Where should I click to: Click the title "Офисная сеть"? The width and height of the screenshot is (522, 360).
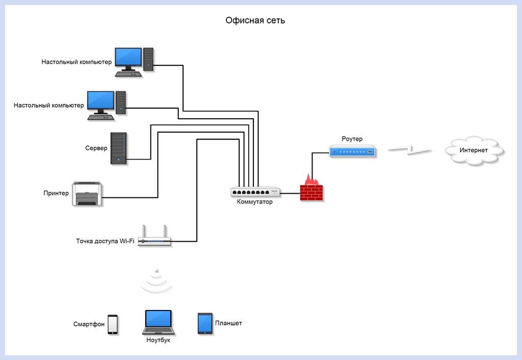tap(255, 21)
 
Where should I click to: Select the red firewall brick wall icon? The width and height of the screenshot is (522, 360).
tap(311, 191)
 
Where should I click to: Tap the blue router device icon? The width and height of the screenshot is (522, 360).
tap(352, 151)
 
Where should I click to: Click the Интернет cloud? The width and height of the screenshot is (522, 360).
tap(474, 150)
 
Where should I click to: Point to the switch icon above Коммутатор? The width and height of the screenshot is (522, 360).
tap(255, 192)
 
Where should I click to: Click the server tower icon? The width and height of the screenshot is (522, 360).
tap(119, 148)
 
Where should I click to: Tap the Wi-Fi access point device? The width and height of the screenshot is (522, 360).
tap(154, 241)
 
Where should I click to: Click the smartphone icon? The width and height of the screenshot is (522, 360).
tap(113, 324)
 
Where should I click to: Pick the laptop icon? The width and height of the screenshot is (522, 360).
tap(158, 322)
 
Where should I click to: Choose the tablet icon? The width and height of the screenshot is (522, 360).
tap(205, 323)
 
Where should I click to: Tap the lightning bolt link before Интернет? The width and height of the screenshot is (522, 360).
tap(409, 150)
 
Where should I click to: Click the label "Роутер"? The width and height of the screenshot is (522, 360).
tap(352, 139)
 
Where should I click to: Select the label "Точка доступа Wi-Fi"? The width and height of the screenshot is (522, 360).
tap(105, 241)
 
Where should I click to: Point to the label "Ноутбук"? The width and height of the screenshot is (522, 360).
tap(158, 340)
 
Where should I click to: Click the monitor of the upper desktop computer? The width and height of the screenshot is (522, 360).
tap(128, 57)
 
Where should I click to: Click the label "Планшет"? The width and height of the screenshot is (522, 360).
tap(228, 323)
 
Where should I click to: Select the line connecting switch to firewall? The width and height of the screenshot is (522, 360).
tap(290, 193)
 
